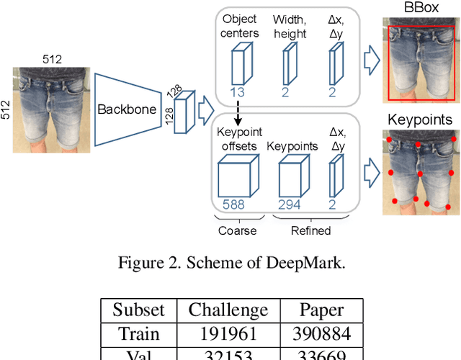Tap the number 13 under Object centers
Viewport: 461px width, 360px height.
(238, 92)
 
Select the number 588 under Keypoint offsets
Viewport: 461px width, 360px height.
(233, 205)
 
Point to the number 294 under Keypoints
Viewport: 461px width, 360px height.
(290, 205)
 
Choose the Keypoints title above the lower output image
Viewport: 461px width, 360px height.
(420, 120)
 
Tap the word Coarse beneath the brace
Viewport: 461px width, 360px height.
(237, 230)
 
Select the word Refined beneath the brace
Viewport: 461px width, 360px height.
(312, 230)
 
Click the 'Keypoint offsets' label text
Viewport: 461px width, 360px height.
(238, 139)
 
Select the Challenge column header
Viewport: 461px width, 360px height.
(228, 310)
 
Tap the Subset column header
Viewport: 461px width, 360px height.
(138, 310)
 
